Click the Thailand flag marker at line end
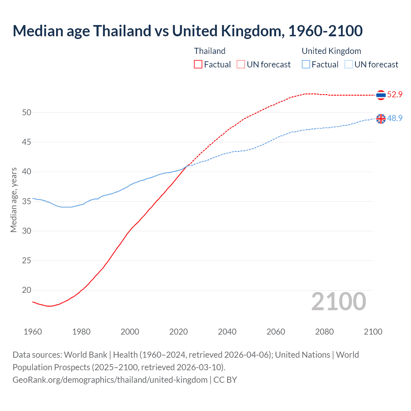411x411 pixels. (381, 95)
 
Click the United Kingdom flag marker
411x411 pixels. (381, 119)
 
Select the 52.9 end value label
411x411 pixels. (395, 95)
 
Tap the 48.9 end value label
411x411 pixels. (395, 118)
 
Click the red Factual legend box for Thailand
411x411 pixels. (198, 65)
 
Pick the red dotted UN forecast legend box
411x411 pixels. (241, 65)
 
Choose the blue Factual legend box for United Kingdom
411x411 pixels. (306, 65)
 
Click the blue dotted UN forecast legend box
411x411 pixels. (349, 65)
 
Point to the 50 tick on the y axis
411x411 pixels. (27, 112)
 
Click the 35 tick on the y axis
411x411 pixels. (27, 201)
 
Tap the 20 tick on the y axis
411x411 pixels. (27, 290)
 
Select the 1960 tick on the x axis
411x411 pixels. (33, 332)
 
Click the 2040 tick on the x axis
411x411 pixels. (227, 332)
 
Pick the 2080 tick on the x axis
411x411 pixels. (324, 332)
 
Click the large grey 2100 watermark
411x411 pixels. (338, 301)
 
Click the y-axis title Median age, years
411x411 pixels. (13, 200)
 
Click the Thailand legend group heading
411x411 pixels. (210, 51)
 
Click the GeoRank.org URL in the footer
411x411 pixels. (110, 380)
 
